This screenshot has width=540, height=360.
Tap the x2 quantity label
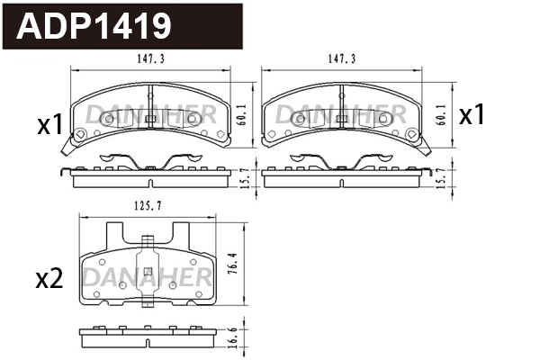pyautogui.click(x=49, y=279)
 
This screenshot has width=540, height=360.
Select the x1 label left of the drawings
pyautogui.click(x=49, y=124)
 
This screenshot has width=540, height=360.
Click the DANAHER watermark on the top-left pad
pyautogui.click(x=150, y=112)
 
